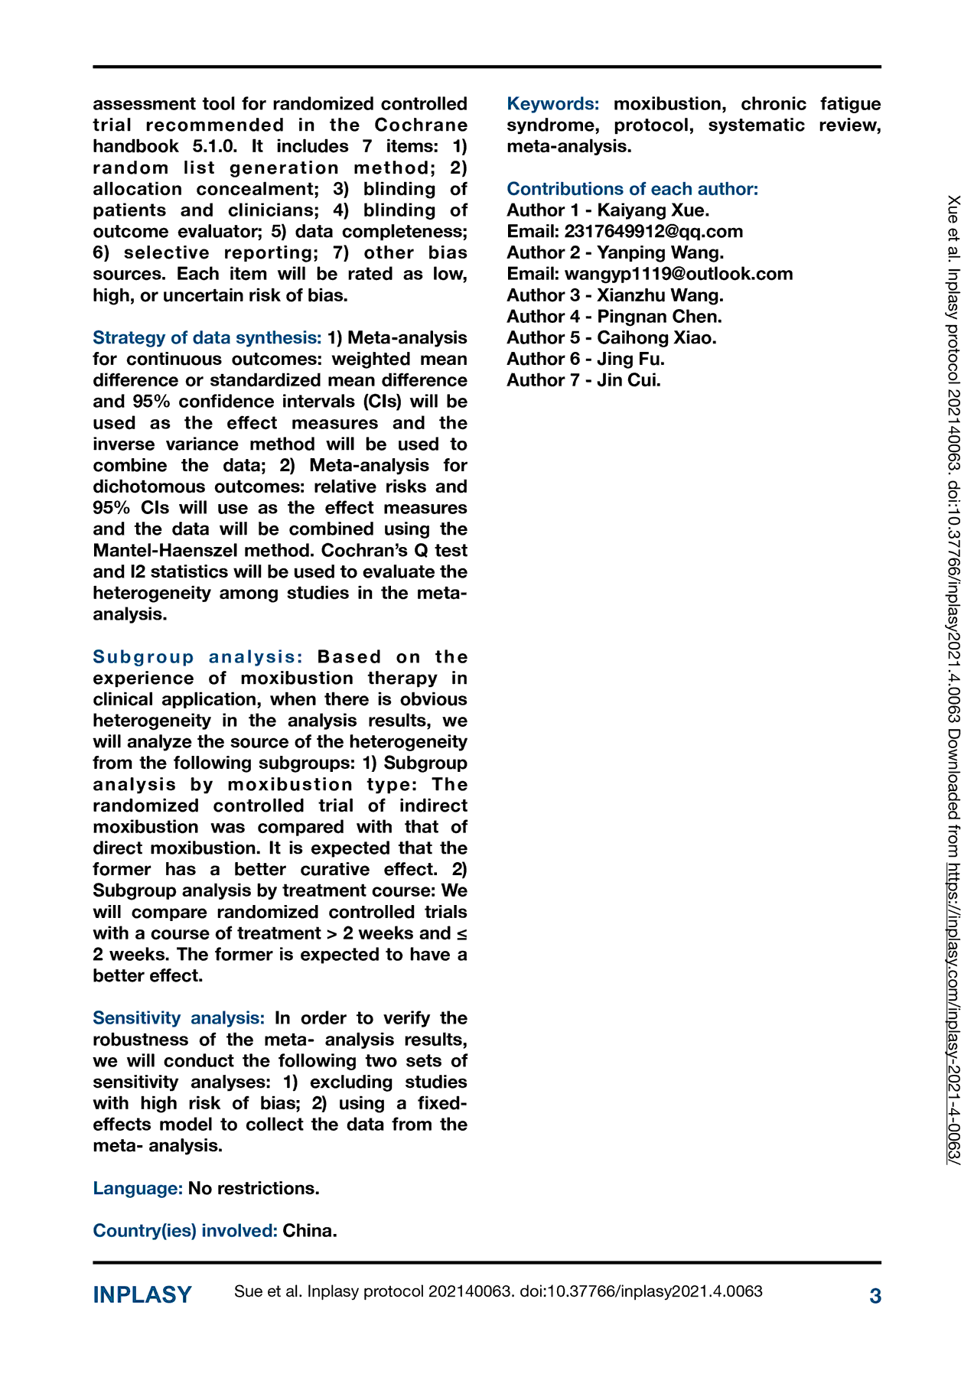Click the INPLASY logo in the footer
click(x=142, y=1295)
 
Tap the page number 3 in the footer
click(x=875, y=1296)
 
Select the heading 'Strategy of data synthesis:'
click(x=207, y=337)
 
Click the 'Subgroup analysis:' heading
click(x=198, y=656)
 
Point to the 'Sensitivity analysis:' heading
click(x=178, y=1017)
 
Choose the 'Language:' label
click(x=138, y=1188)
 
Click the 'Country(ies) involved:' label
click(x=184, y=1230)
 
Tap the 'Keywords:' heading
click(x=553, y=103)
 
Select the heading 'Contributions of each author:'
click(x=632, y=189)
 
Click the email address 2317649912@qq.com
click(x=653, y=231)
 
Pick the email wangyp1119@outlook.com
click(x=678, y=274)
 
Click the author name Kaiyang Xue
click(x=652, y=210)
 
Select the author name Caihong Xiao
click(x=656, y=337)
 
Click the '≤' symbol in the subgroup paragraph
click(x=461, y=933)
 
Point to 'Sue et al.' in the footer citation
click(x=268, y=1291)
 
